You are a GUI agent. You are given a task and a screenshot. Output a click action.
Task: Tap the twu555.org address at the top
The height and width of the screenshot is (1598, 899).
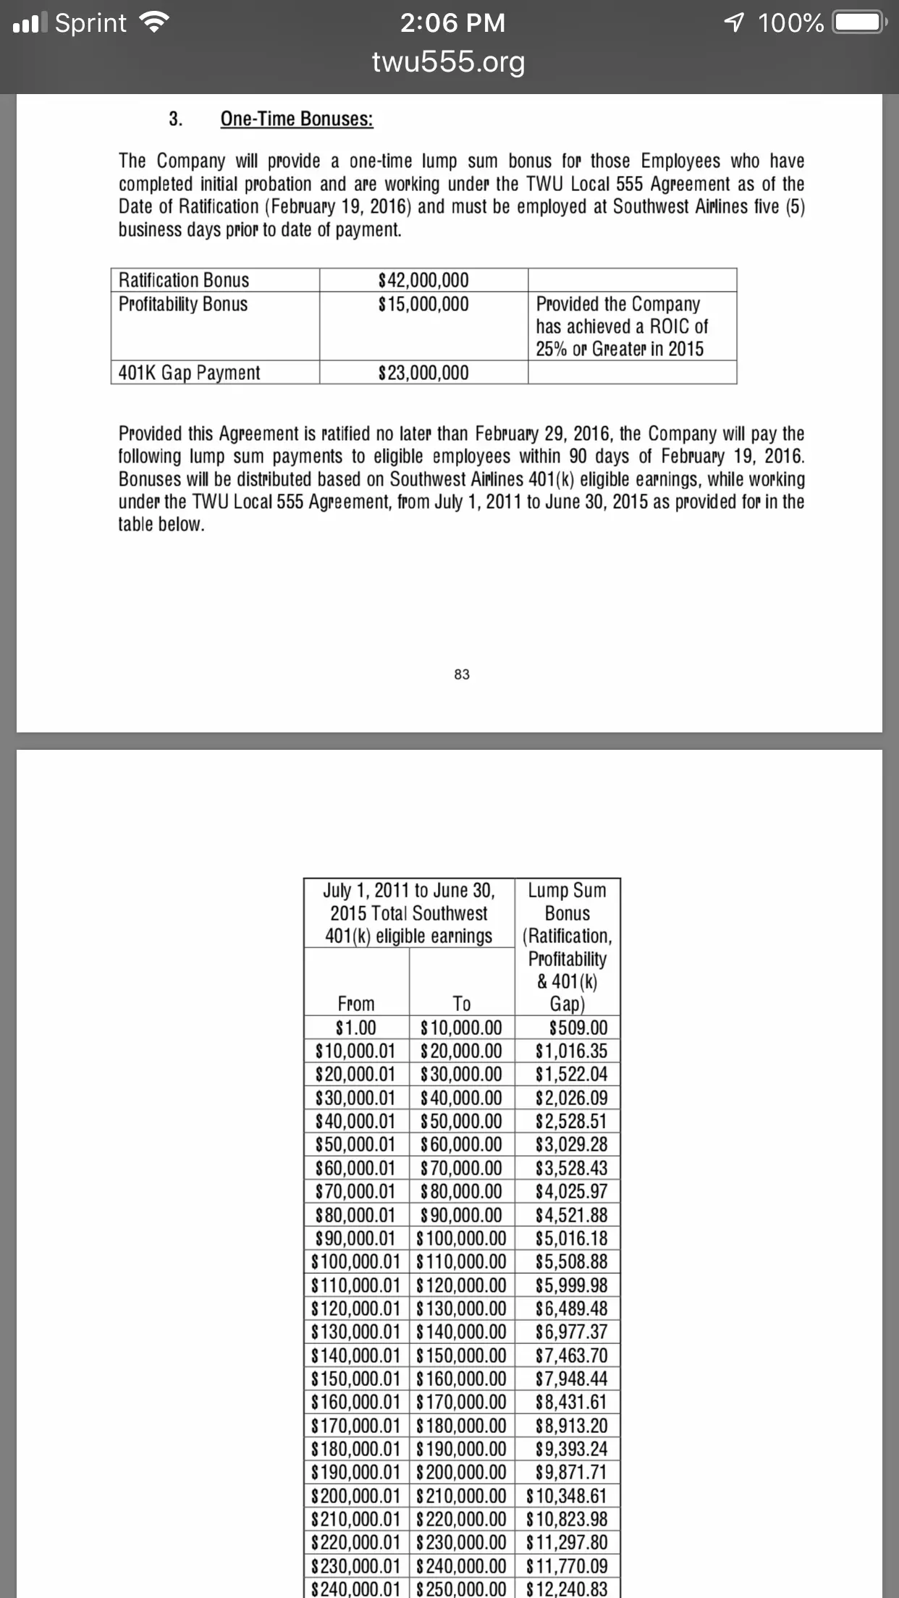[449, 62]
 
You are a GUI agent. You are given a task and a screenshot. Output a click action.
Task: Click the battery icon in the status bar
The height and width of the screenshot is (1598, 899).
[858, 23]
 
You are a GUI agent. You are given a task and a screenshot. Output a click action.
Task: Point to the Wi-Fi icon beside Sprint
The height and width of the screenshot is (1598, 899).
[153, 24]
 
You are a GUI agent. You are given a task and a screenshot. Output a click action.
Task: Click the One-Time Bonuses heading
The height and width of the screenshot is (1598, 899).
[297, 119]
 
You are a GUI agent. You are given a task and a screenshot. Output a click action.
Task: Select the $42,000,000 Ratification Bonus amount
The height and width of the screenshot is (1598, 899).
[423, 280]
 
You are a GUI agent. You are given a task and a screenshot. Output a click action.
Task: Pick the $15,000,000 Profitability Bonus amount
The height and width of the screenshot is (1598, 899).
[423, 304]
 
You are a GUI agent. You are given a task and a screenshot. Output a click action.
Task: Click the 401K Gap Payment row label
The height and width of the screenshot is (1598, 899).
[189, 373]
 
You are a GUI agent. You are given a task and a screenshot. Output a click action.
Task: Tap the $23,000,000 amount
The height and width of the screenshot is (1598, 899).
[423, 373]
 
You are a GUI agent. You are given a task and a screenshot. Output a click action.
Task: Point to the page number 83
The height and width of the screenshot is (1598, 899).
[462, 675]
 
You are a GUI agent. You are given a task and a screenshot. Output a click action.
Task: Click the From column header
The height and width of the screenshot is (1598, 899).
[356, 1004]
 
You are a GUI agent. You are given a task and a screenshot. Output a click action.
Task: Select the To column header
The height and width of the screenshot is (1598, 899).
[461, 1004]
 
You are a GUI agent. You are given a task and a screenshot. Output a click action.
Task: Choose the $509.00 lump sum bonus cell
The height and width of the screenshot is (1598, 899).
[578, 1028]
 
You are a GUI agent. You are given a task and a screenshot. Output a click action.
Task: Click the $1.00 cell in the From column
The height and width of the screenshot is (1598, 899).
[356, 1028]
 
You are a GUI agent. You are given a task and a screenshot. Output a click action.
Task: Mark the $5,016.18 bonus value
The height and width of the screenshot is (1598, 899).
[571, 1238]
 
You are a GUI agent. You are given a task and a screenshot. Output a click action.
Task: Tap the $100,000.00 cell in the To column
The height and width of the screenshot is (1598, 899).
[461, 1238]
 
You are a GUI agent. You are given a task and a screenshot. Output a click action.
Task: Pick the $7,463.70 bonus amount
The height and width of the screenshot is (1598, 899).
[571, 1356]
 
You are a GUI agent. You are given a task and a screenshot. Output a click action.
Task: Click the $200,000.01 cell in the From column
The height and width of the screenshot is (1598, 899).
[355, 1496]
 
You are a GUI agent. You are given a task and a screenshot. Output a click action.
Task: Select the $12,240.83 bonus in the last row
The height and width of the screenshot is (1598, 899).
[567, 1589]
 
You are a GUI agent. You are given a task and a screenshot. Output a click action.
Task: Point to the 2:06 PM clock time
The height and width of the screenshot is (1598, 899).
[452, 23]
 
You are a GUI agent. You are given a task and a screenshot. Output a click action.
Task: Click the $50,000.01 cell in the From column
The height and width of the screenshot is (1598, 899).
[355, 1144]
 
